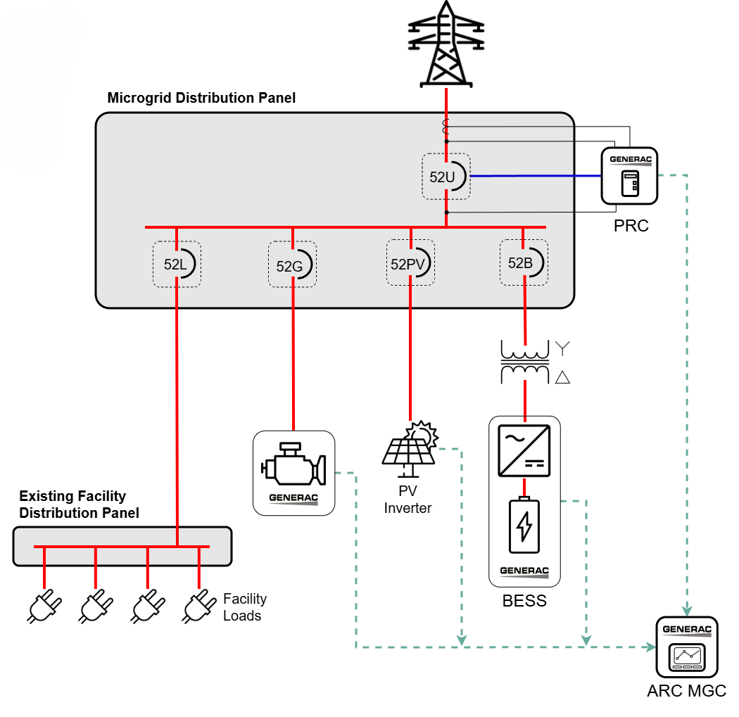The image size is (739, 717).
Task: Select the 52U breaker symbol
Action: pos(446,177)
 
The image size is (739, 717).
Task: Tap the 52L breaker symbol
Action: pos(177,265)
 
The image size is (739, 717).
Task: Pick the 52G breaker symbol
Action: pos(291,265)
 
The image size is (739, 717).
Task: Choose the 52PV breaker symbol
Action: pos(410,263)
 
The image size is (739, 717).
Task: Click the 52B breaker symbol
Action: pos(523,262)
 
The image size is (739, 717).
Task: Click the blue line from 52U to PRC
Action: pos(535,176)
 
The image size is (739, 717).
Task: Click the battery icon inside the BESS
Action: pos(524,526)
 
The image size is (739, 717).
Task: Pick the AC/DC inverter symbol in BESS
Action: pos(524,451)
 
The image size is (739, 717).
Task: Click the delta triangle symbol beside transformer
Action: pos(562,378)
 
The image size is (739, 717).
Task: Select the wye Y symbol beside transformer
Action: pos(562,348)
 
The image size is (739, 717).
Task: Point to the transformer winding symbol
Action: pos(524,362)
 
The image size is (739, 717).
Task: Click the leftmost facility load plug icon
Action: pos(44,606)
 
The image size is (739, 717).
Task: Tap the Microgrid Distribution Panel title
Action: pos(201,98)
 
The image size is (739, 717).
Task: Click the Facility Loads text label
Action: pos(244,607)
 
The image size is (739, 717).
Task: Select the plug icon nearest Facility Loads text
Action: pos(199,606)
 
